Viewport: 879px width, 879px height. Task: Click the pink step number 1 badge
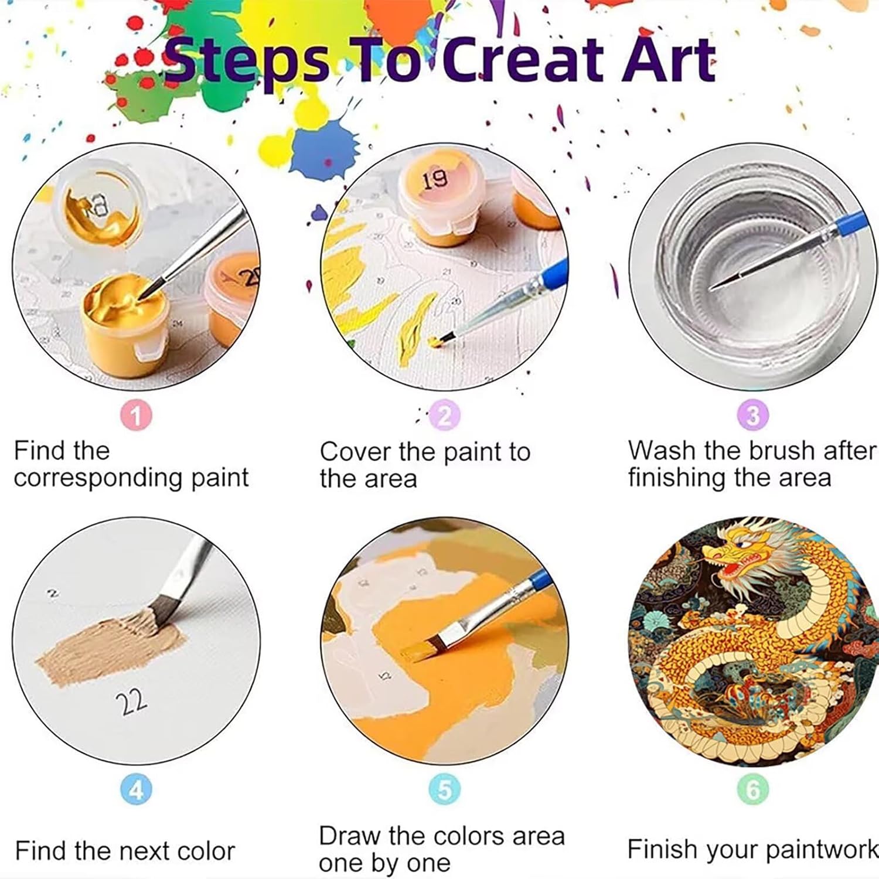[136, 415]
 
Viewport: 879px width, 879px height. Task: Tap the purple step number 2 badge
[445, 415]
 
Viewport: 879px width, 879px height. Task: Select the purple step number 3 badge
[753, 415]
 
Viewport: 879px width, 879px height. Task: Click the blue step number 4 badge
[136, 789]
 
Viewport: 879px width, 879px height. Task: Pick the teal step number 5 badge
[445, 789]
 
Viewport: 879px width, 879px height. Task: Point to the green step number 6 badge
[753, 789]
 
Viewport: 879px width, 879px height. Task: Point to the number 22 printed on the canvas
[132, 701]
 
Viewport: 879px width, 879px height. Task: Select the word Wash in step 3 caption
[663, 451]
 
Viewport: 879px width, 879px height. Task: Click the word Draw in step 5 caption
[350, 836]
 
